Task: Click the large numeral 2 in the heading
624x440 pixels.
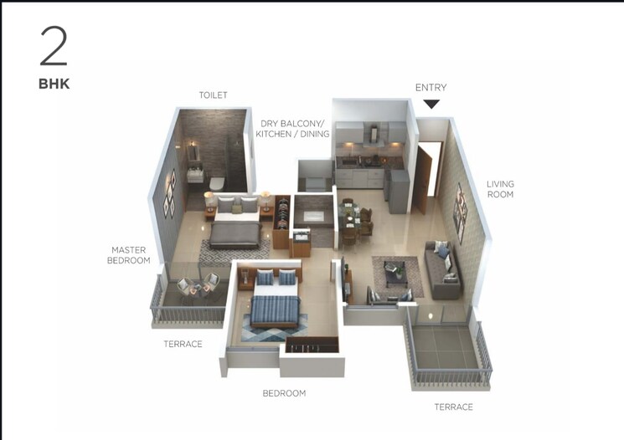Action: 54,47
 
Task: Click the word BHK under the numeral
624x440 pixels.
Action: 54,84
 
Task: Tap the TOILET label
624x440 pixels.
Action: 213,95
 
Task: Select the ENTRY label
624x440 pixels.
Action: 431,88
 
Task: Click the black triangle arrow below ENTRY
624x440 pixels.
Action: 431,104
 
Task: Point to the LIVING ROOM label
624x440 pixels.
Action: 501,189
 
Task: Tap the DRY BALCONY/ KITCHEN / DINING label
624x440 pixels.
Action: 294,128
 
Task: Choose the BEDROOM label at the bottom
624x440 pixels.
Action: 284,393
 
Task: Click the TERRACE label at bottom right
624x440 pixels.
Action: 453,407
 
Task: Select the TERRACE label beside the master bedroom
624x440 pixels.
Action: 182,344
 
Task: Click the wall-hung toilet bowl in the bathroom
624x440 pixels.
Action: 216,183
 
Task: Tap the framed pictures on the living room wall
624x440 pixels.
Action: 459,212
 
